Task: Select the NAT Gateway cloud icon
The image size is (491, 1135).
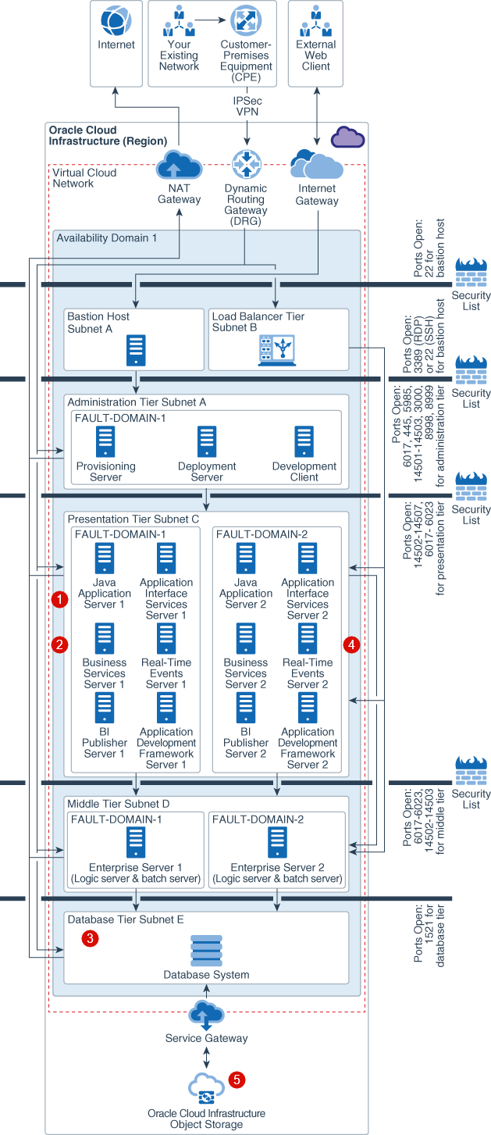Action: [179, 166]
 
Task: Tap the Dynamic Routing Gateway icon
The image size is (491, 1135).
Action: [246, 165]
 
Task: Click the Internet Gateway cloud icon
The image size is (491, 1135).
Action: [316, 165]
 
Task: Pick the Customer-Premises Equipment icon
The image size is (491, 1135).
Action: [245, 20]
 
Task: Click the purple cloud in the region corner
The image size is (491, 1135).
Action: [347, 137]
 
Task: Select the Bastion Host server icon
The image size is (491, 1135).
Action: [137, 351]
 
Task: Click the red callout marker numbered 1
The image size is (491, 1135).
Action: [59, 599]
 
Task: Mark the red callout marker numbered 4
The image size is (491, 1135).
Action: [352, 644]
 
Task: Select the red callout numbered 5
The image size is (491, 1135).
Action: [237, 1080]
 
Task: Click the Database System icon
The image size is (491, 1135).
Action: [206, 951]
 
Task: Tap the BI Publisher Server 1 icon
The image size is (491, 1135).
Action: [105, 708]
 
